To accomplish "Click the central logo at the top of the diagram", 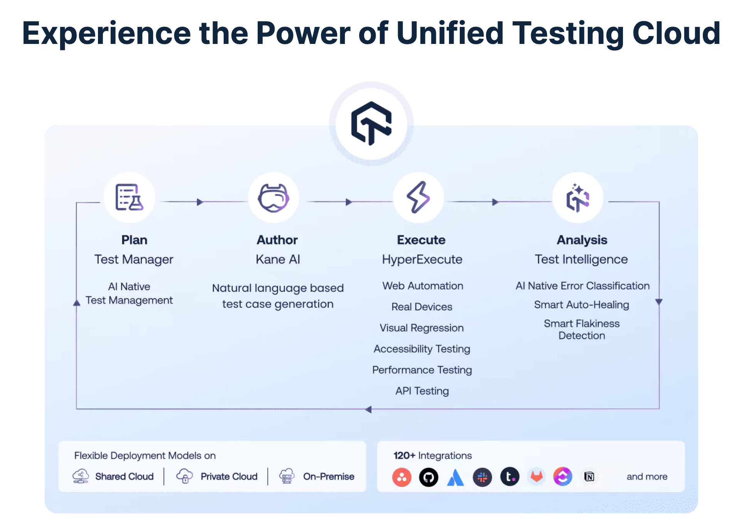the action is [371, 124].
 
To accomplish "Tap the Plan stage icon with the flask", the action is [130, 197].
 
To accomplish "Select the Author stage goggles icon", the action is [273, 198].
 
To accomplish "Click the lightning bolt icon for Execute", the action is [418, 197].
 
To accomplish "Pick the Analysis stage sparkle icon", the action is [577, 198].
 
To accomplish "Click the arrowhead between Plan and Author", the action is [200, 202].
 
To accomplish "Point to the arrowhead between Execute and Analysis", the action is [495, 202].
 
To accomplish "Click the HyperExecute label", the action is [422, 259].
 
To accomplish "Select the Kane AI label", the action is [278, 259].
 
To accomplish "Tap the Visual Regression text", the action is [422, 328].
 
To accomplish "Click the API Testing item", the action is [422, 391].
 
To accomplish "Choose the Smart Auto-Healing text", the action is [581, 305].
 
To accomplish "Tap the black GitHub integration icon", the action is [429, 477].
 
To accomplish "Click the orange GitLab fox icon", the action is [537, 477].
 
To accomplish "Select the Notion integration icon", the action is [589, 477].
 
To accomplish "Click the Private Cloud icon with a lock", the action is [185, 477].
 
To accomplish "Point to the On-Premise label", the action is [329, 477].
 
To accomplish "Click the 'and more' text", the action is [647, 477].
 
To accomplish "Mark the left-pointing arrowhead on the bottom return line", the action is [368, 409].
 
